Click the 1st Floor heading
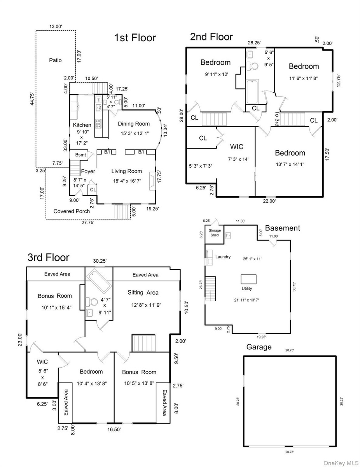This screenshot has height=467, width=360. [135, 38]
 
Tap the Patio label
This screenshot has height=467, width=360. [55, 60]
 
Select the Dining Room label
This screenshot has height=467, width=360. [134, 124]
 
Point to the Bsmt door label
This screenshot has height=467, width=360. [80, 155]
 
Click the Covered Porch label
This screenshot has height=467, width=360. [72, 211]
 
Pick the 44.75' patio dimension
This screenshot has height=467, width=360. [32, 99]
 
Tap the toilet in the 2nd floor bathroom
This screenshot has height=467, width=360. [252, 66]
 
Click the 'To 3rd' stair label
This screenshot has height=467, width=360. [277, 119]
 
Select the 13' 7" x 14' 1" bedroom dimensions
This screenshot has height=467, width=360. [290, 164]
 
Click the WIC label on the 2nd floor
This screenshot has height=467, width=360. [236, 147]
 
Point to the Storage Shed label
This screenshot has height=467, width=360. [215, 233]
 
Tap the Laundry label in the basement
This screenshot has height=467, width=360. [223, 257]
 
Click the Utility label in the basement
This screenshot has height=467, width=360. [246, 288]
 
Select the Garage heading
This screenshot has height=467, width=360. [259, 347]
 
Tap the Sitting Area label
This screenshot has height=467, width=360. [143, 293]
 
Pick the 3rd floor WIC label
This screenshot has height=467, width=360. [42, 362]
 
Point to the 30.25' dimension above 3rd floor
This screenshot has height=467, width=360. [100, 261]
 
